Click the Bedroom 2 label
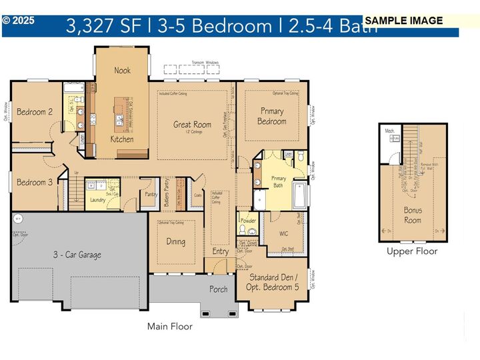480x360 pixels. pyautogui.click(x=35, y=112)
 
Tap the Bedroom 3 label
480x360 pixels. pyautogui.click(x=35, y=183)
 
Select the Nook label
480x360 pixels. pyautogui.click(x=122, y=71)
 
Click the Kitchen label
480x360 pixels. pyautogui.click(x=122, y=140)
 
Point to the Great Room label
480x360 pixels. pyautogui.click(x=192, y=125)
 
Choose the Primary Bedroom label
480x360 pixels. pyautogui.click(x=272, y=117)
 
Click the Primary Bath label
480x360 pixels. pyautogui.click(x=278, y=181)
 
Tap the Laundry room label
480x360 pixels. pyautogui.click(x=98, y=199)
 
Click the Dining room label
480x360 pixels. pyautogui.click(x=175, y=242)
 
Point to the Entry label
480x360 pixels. pyautogui.click(x=220, y=252)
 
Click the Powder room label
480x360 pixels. pyautogui.click(x=248, y=221)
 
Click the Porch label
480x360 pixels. pyautogui.click(x=218, y=289)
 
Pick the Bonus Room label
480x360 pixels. pyautogui.click(x=413, y=215)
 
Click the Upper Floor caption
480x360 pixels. pyautogui.click(x=412, y=251)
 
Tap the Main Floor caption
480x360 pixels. pyautogui.click(x=169, y=327)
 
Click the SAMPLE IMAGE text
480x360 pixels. pyautogui.click(x=404, y=21)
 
